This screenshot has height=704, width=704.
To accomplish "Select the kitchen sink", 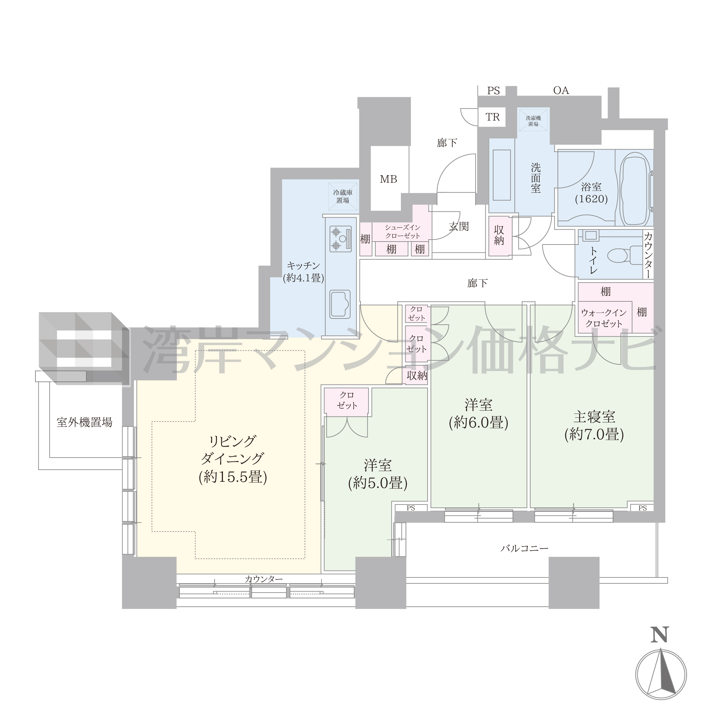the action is [x=340, y=304].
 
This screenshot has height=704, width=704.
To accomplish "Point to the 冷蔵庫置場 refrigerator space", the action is [x=342, y=197].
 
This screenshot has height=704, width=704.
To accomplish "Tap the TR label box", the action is [x=492, y=117].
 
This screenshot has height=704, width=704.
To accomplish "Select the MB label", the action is [x=388, y=179].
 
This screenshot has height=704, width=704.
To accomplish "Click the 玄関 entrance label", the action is [x=458, y=226].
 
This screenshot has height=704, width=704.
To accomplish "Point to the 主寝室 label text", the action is [x=594, y=416].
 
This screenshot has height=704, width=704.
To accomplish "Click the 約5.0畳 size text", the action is [x=378, y=483].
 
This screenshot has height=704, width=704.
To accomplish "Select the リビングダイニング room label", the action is [x=232, y=450].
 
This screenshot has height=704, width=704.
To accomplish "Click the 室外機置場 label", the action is [x=84, y=422].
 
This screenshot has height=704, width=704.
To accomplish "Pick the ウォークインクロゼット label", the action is [x=604, y=318].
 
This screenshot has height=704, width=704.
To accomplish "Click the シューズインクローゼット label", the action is [x=403, y=231].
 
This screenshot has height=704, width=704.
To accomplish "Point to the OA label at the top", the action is [x=561, y=90].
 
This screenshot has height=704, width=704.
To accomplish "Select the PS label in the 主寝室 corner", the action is [x=643, y=508].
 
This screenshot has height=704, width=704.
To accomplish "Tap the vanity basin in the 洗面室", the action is [x=502, y=175].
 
